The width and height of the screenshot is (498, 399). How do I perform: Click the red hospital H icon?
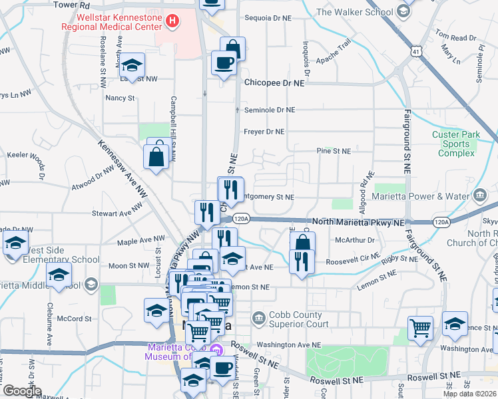(172, 21)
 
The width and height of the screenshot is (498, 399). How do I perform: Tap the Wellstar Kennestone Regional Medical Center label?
(111, 21)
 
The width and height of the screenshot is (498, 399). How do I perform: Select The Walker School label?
(355, 11)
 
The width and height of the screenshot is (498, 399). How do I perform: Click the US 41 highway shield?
(415, 51)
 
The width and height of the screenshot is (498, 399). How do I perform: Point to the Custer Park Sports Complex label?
(456, 144)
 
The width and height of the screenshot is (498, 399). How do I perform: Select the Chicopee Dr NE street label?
(274, 84)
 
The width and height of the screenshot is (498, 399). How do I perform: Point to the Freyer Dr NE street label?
(264, 132)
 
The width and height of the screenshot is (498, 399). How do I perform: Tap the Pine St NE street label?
(334, 151)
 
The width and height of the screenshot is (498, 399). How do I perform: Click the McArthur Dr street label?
(356, 239)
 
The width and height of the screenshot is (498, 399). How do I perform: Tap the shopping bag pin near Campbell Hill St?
(156, 156)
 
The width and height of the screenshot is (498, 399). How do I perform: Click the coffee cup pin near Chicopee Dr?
(223, 64)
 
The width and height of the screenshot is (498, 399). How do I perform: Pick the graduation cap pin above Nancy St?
(132, 65)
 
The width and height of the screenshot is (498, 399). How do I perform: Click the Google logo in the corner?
(21, 391)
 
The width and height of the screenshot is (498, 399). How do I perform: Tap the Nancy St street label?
(120, 98)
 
